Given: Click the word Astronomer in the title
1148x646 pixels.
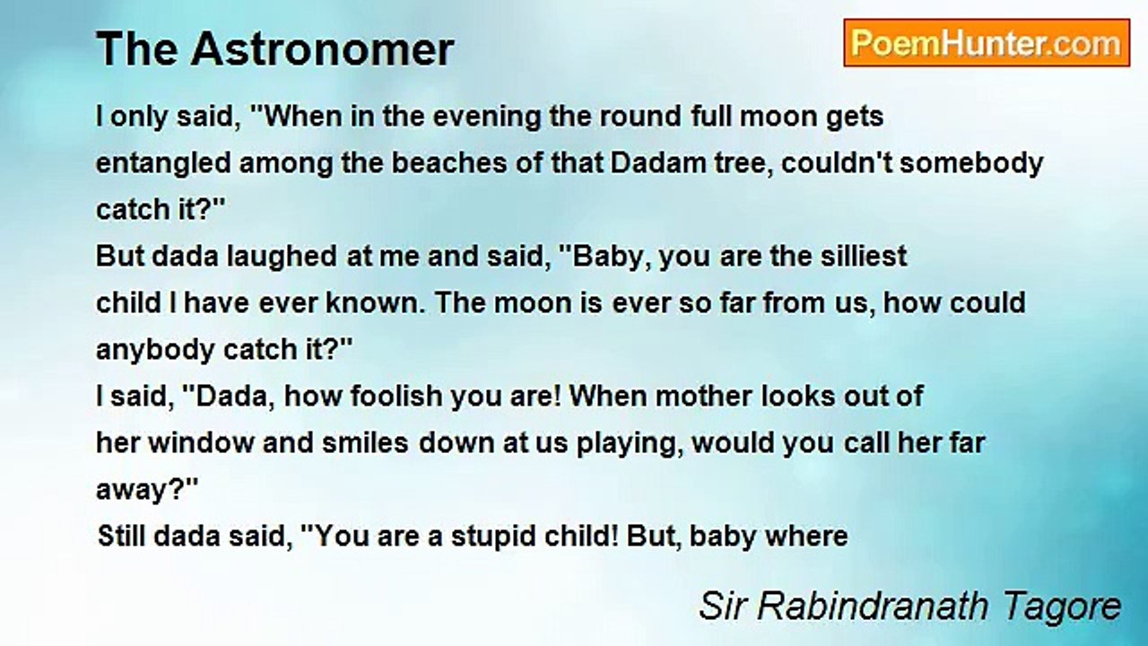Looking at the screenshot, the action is pos(322,49).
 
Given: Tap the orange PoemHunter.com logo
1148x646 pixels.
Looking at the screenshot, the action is pos(987,43).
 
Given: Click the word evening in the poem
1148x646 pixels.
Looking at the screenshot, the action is pos(487,118).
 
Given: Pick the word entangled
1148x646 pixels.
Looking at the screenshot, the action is pos(163,164).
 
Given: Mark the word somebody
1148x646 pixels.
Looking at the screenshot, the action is pos(971,164).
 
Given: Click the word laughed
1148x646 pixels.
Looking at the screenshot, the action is pos(282,257).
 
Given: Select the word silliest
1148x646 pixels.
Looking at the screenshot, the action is pos(864,256).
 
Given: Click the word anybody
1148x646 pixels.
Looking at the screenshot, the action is pos(155,351).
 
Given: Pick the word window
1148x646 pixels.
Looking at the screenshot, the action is pos(201,443).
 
